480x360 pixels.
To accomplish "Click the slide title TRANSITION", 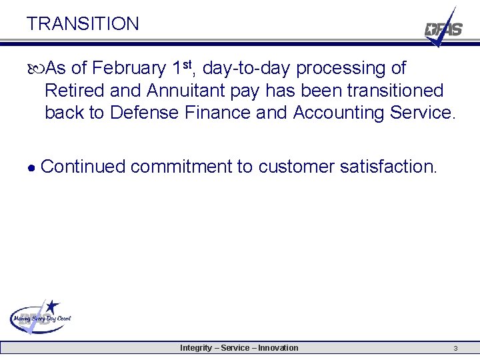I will pos(83,24).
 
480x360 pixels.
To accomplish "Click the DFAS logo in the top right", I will pos(443,28).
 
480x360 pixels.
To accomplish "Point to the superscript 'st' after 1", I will pos(189,64).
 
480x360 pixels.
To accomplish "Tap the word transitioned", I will pos(391,91).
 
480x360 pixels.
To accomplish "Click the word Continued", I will pos(83,167).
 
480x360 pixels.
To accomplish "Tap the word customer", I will pos(294,167).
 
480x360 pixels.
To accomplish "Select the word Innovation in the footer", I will pos(278,348).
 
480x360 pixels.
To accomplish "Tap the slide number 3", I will pos(455,348).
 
